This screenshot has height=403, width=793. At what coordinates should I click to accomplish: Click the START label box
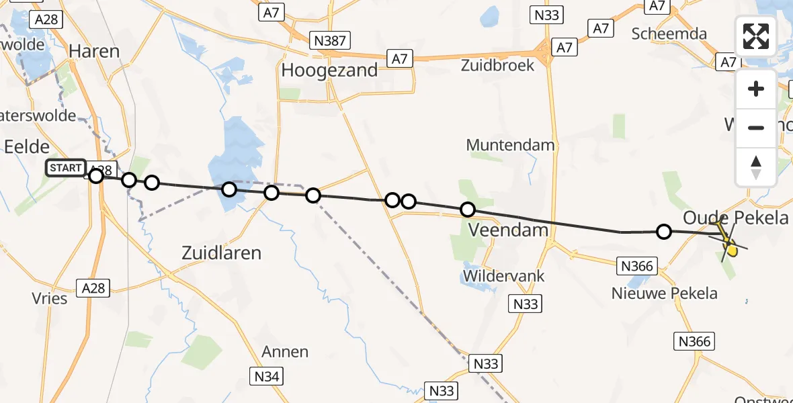pos(66,167)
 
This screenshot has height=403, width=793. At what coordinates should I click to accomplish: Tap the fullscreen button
pos(756,36)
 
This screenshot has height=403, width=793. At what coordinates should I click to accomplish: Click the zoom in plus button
pos(756,89)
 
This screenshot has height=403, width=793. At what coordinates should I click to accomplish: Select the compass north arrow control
pos(756,167)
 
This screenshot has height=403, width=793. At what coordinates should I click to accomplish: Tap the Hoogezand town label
pos(329,71)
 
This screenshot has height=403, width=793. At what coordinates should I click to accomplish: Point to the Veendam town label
pos(508,230)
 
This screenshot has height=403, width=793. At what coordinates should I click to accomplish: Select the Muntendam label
pos(510,145)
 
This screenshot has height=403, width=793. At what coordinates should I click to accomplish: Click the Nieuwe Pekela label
pos(665,294)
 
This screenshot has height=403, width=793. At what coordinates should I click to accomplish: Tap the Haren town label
pos(94,51)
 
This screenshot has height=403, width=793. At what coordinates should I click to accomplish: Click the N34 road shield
pos(267,376)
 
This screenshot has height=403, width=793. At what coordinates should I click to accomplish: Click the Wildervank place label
pos(503,276)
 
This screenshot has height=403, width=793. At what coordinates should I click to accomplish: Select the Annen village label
pos(285,351)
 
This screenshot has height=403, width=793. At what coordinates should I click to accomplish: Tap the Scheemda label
pos(670,34)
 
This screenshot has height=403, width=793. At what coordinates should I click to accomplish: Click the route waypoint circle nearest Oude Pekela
pos(664,232)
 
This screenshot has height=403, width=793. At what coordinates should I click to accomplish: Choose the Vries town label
pos(49,298)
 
